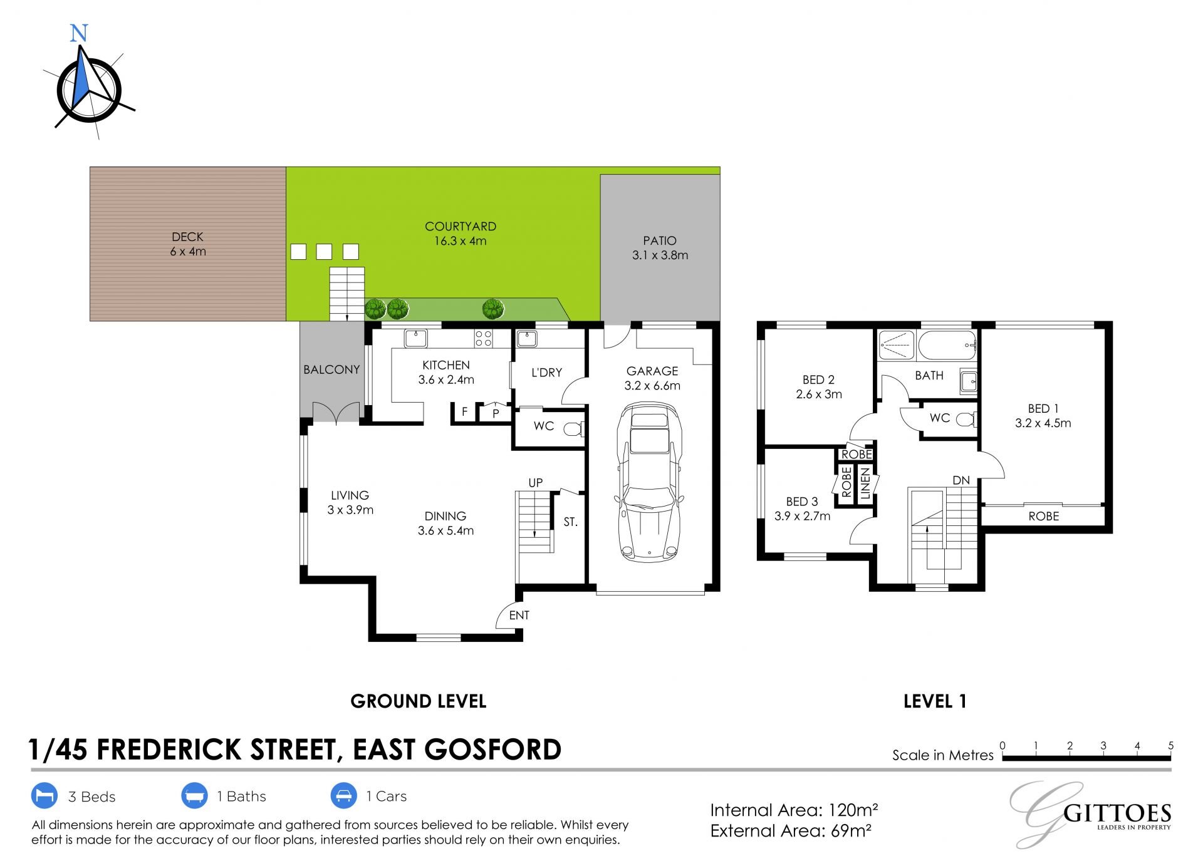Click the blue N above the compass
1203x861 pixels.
(x=79, y=33)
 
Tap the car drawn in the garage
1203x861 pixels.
(x=649, y=482)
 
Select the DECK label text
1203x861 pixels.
(x=187, y=237)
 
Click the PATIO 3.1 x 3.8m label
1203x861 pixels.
(x=660, y=248)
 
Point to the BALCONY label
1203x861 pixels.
(x=331, y=369)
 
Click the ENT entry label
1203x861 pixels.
(x=519, y=615)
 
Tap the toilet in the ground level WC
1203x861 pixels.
(x=574, y=429)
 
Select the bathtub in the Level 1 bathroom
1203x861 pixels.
(x=947, y=346)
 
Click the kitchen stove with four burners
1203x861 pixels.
(x=483, y=338)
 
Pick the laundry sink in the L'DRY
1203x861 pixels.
(x=526, y=339)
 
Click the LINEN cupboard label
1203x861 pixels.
(x=865, y=483)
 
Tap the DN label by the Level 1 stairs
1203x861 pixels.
(x=961, y=480)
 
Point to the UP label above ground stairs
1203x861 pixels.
(x=535, y=482)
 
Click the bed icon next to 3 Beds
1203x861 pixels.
(x=44, y=796)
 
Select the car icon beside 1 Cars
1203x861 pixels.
(x=343, y=796)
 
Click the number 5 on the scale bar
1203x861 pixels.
(x=1170, y=745)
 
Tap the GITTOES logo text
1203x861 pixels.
(x=1117, y=813)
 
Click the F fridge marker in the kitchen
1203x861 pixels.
(x=464, y=411)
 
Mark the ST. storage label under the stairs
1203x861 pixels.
(x=570, y=522)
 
